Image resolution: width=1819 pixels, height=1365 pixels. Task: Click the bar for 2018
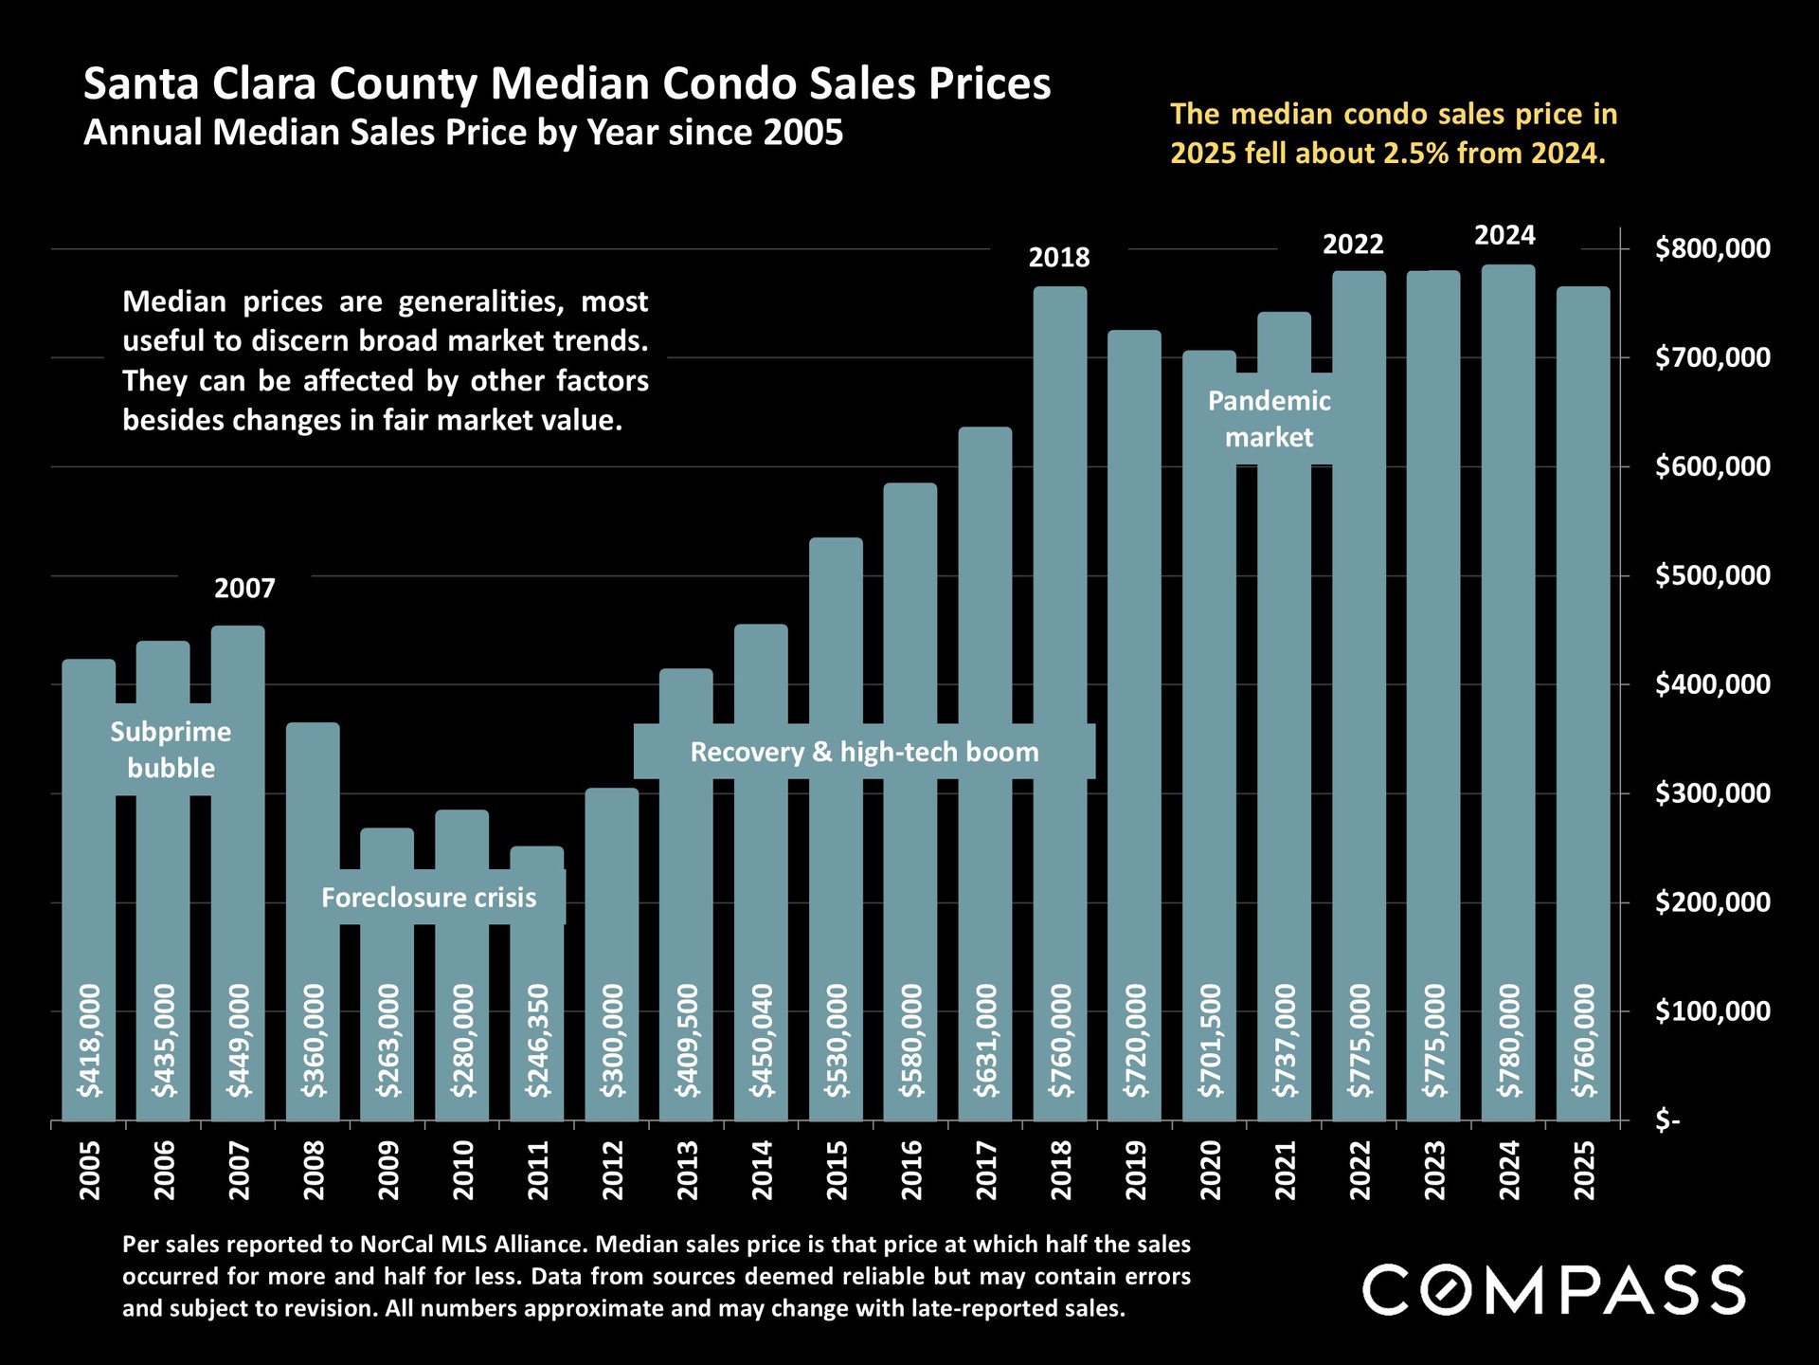[x=1060, y=569]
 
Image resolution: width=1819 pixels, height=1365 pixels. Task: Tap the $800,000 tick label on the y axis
[x=1712, y=249]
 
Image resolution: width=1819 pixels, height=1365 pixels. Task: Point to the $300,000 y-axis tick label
[x=1712, y=793]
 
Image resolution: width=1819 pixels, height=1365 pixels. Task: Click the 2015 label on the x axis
[x=837, y=1170]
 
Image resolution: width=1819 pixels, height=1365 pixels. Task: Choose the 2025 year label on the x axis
[x=1584, y=1170]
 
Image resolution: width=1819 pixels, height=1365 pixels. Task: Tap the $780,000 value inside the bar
[x=1509, y=1041]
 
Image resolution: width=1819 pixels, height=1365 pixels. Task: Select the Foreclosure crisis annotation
[x=428, y=898]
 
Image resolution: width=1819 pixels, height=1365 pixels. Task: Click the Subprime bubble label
[x=171, y=750]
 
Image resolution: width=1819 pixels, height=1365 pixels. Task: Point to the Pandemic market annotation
[x=1269, y=419]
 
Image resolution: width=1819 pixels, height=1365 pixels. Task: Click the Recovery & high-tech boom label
[x=864, y=753]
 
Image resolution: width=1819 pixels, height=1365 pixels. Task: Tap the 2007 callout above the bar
[x=244, y=589]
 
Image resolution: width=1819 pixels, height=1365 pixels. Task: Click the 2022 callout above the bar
[x=1353, y=245]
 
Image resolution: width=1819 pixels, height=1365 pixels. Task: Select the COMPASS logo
[x=1553, y=1290]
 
